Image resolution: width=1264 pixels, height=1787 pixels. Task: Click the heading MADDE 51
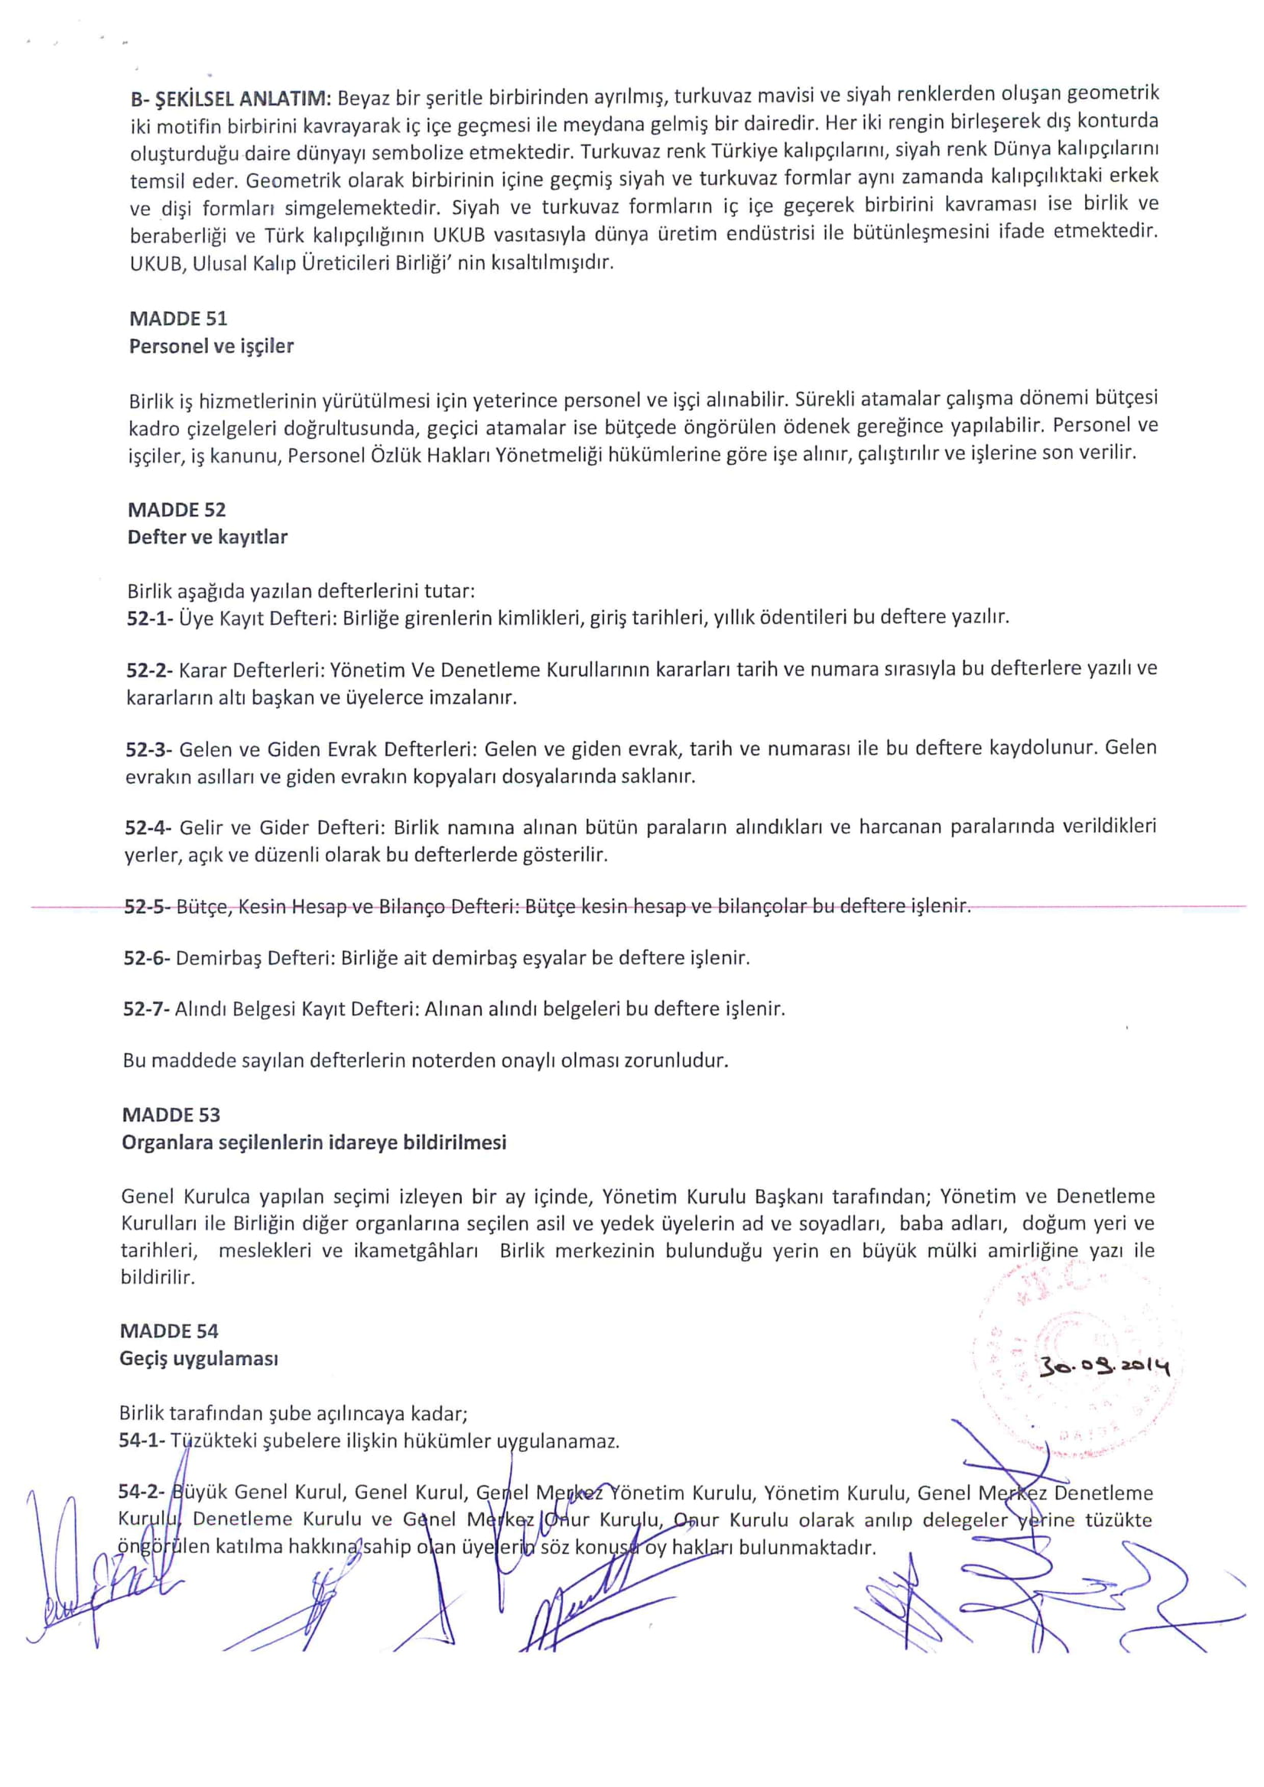178,318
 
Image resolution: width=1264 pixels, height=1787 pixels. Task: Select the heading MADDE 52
177,510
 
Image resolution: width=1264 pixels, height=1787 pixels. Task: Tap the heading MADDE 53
171,1115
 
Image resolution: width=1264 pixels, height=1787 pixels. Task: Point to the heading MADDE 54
169,1331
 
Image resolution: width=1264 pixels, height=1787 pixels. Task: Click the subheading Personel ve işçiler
211,346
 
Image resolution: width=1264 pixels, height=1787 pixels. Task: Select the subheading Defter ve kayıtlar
208,537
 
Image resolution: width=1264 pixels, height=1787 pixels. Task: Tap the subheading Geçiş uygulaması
200,1359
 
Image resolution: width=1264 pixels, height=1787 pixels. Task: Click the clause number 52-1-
150,618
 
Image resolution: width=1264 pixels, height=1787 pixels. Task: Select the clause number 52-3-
149,749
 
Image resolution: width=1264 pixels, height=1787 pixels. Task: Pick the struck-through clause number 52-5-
148,907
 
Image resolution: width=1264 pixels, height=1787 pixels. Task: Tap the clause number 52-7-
146,1009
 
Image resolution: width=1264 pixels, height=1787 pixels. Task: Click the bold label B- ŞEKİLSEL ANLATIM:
231,99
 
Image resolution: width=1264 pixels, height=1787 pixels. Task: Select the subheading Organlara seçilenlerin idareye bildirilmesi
314,1142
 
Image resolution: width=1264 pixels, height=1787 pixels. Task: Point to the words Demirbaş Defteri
256,958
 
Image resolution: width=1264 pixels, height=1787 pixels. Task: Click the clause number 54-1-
141,1441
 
